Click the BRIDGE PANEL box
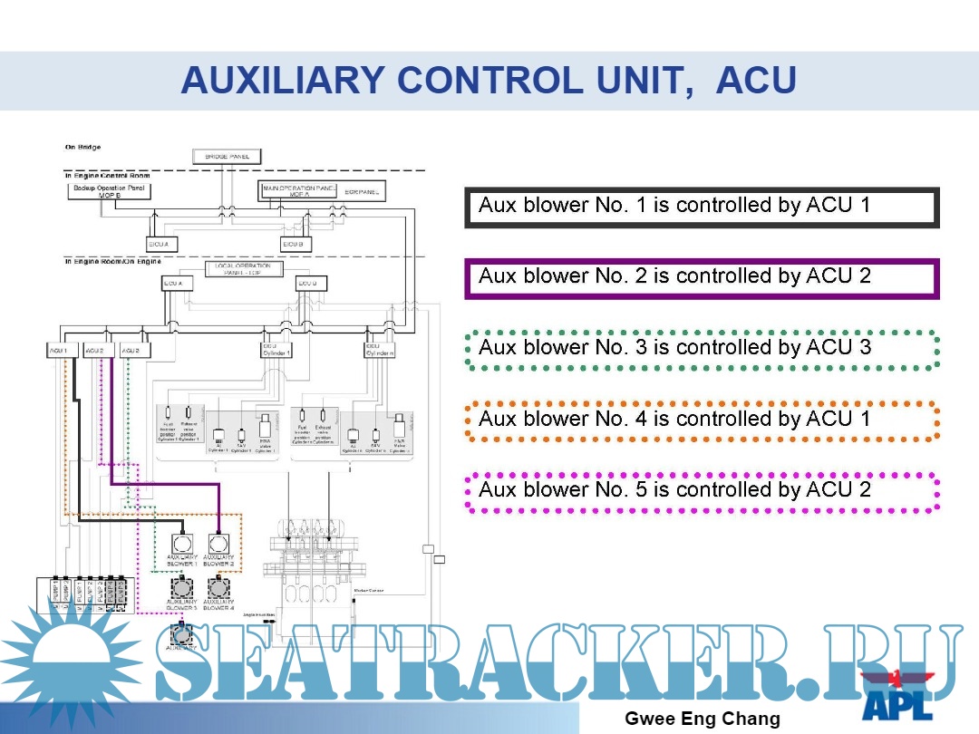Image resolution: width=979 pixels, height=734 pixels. tap(227, 156)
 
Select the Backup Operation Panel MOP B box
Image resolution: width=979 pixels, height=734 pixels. tap(110, 191)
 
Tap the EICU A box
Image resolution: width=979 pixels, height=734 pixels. tap(162, 244)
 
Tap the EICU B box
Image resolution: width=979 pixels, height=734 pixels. tap(296, 244)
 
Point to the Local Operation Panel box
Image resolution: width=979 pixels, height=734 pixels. tap(244, 269)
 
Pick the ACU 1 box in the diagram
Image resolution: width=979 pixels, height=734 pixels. tap(58, 350)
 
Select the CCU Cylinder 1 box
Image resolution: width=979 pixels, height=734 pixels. tap(276, 349)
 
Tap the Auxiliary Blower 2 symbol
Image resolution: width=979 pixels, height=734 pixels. tap(218, 544)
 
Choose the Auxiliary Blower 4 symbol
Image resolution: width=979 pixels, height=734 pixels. tap(218, 586)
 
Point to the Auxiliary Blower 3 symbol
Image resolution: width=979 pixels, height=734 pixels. tap(182, 586)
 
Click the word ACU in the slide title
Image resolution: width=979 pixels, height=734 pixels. tap(756, 82)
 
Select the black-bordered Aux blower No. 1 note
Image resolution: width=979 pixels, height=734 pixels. tap(702, 207)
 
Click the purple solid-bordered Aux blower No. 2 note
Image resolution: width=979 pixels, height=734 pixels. tap(702, 277)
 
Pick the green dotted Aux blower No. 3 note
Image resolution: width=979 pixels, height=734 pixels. tap(702, 349)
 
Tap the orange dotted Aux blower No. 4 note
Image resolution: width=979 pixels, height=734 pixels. tap(702, 420)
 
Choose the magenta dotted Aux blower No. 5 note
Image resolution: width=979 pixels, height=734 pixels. tap(702, 491)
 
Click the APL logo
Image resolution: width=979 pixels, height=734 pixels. tap(897, 695)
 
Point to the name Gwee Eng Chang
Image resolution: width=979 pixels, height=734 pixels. tap(703, 720)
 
